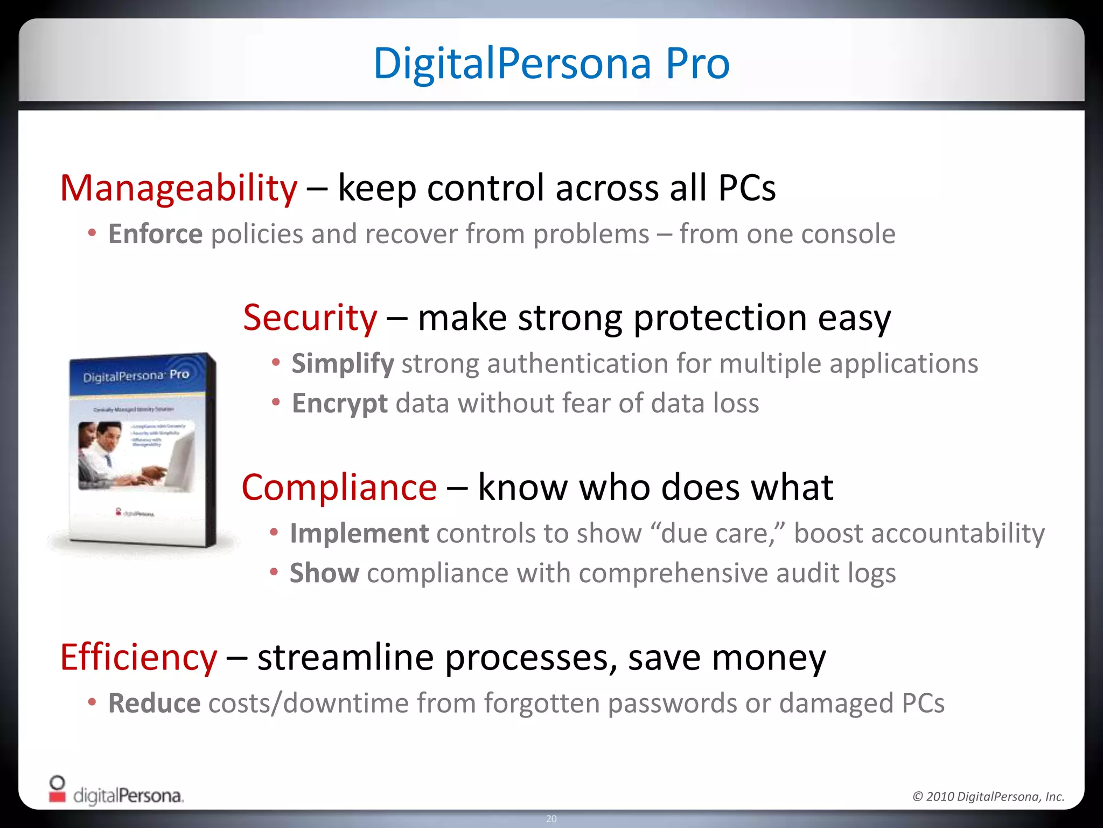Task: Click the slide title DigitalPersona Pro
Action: pyautogui.click(x=551, y=64)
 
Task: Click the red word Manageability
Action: pyautogui.click(x=178, y=189)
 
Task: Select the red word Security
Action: pyautogui.click(x=310, y=318)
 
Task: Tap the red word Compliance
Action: pyautogui.click(x=339, y=487)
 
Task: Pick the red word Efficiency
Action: pyautogui.click(x=138, y=658)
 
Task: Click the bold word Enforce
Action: pyautogui.click(x=155, y=234)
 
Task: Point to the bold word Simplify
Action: pyautogui.click(x=343, y=364)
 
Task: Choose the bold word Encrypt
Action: pyautogui.click(x=339, y=403)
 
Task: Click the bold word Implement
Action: pyautogui.click(x=359, y=534)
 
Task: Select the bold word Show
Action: pyautogui.click(x=324, y=573)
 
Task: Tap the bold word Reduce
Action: pyautogui.click(x=155, y=703)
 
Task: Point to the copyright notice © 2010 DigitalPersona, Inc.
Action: pyautogui.click(x=988, y=797)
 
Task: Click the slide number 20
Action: pyautogui.click(x=551, y=819)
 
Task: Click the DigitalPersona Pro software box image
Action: pyautogui.click(x=143, y=450)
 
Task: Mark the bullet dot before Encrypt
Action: pyautogui.click(x=276, y=402)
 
